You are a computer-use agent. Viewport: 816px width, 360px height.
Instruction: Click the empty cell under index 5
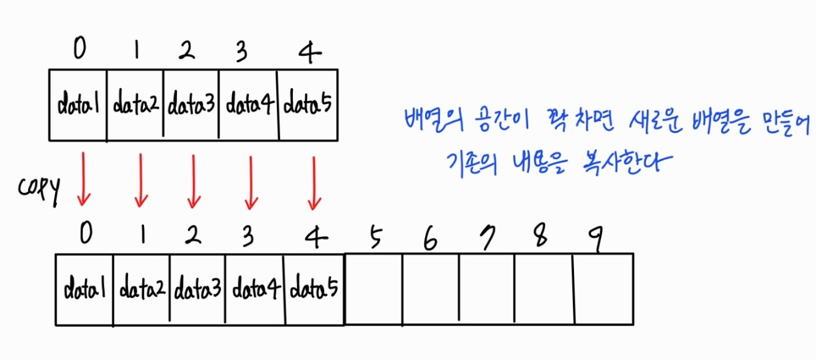(x=374, y=289)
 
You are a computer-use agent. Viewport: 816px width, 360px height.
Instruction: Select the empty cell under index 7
(x=486, y=289)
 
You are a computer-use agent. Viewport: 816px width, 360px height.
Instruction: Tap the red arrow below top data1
(x=83, y=179)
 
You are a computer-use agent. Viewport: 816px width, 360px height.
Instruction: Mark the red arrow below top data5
(x=314, y=182)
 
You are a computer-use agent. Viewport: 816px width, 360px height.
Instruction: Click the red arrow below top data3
(x=194, y=181)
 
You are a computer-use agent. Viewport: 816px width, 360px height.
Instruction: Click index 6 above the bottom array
(x=431, y=240)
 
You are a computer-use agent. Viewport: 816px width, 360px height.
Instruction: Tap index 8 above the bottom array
(x=540, y=239)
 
